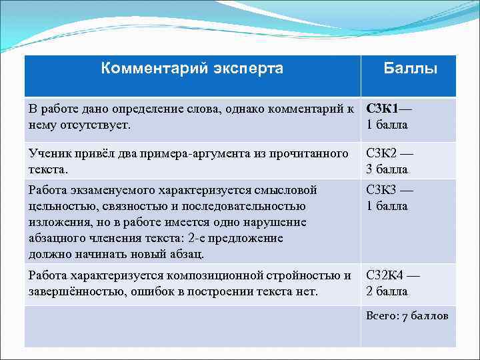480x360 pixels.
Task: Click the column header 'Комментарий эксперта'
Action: coord(192,68)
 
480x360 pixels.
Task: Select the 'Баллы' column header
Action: coord(411,69)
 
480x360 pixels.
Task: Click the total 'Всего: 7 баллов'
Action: coord(407,316)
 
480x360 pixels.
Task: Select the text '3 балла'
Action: coord(387,169)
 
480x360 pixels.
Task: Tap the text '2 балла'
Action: coord(387,291)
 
